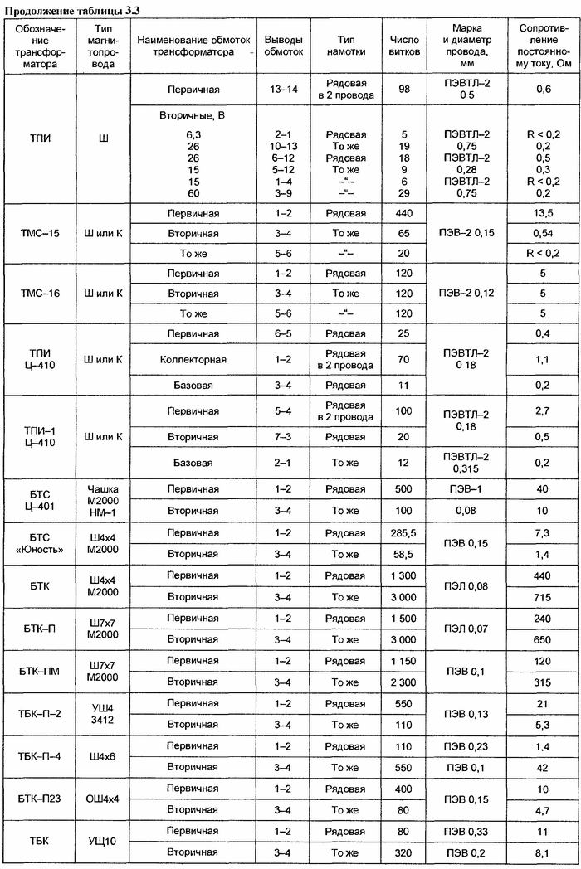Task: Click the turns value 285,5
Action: [404, 532]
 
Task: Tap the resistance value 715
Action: [542, 597]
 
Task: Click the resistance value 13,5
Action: [542, 213]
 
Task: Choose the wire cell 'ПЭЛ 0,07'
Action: [467, 629]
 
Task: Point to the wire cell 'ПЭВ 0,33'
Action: [467, 831]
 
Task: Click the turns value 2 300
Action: [404, 682]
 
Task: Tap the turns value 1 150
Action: [404, 660]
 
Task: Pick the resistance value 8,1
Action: [542, 852]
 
